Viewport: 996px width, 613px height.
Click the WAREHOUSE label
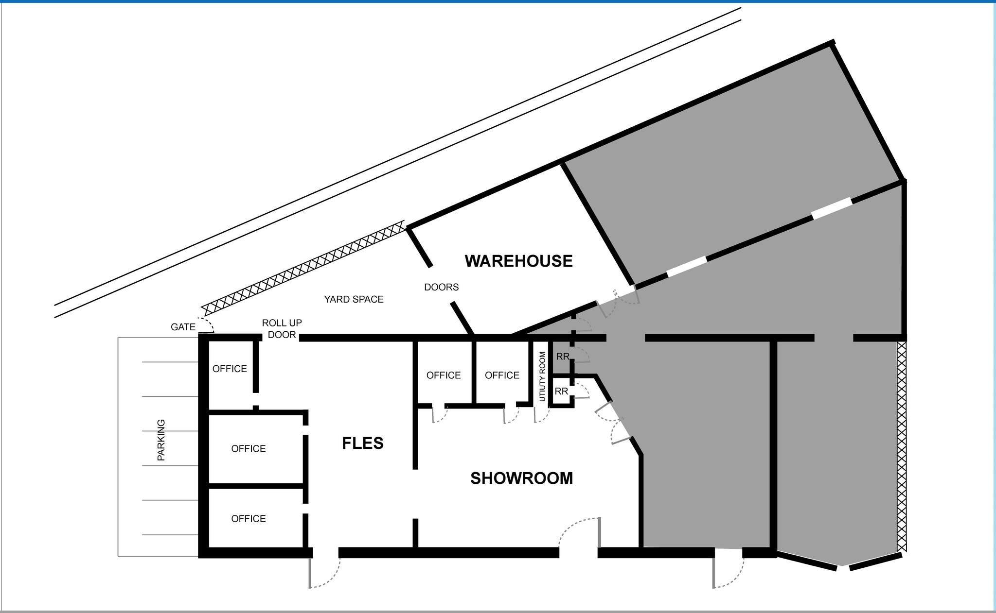[518, 261]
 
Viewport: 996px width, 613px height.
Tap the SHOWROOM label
[521, 478]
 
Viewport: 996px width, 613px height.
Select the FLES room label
[363, 443]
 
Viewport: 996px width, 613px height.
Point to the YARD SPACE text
[354, 299]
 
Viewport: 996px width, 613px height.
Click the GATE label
[183, 327]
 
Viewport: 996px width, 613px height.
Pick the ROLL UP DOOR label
[282, 329]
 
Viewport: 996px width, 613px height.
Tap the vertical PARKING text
[161, 440]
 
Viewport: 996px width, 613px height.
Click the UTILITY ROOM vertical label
[542, 376]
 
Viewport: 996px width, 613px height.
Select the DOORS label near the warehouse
[441, 287]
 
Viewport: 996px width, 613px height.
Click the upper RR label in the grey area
[563, 357]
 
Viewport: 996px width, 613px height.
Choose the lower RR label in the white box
[561, 391]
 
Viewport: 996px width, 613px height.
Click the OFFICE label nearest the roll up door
[230, 369]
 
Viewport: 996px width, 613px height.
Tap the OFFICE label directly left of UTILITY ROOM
[502, 375]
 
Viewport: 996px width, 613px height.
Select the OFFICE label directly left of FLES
[249, 448]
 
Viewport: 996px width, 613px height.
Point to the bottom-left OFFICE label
[249, 519]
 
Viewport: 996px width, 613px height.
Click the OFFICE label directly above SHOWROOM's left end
[444, 375]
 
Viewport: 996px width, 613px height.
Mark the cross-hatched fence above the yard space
[303, 268]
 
